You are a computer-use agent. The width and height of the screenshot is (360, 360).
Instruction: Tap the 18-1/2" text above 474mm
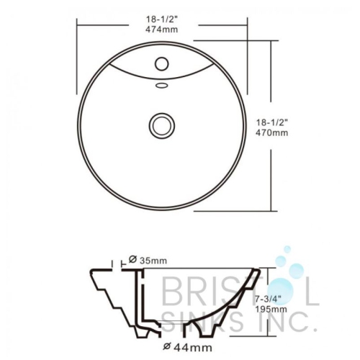[162, 19]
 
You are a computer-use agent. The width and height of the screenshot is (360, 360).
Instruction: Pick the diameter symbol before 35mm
[132, 260]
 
